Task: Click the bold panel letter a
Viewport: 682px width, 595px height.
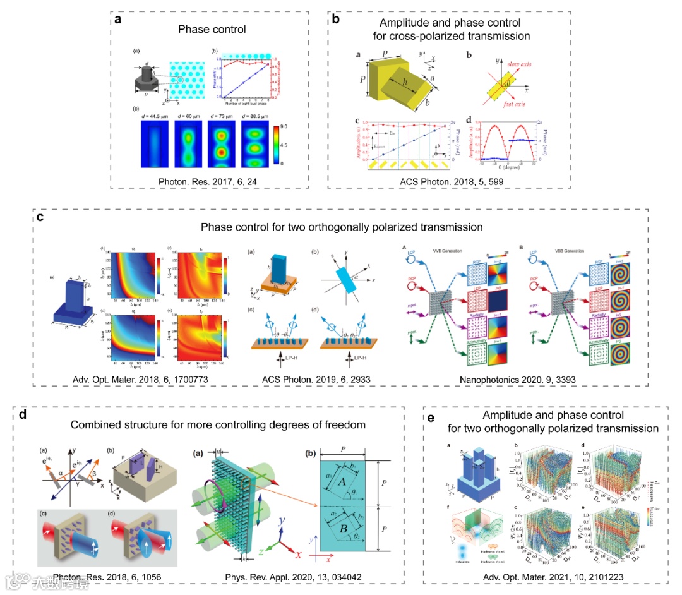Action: [118, 20]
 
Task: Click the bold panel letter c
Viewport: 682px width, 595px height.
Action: [40, 219]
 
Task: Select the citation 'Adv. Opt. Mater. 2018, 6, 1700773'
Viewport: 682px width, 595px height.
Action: [121, 379]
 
